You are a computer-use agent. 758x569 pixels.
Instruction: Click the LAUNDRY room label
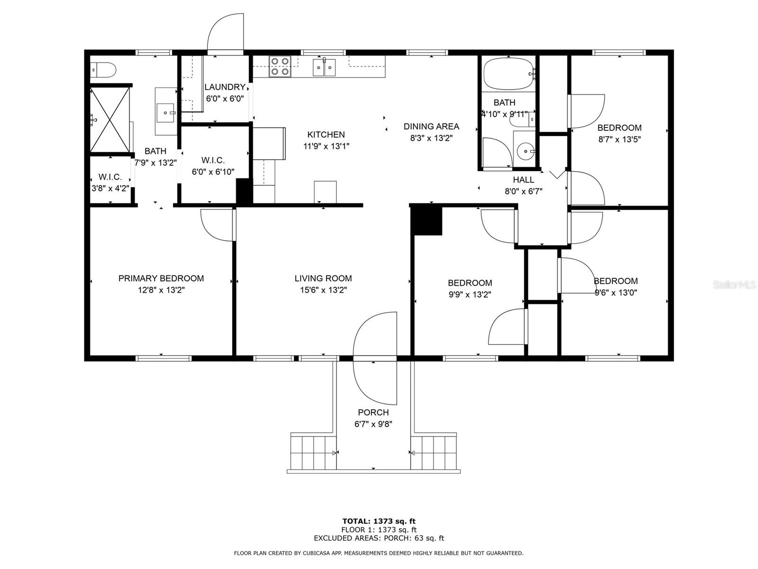[225, 87]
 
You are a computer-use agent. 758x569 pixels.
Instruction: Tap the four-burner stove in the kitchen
[280, 66]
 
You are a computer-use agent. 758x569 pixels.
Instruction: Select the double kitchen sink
[324, 67]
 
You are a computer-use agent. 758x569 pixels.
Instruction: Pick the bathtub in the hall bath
[509, 73]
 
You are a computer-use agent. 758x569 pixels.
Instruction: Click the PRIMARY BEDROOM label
[161, 278]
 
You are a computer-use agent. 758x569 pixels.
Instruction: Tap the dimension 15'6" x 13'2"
[323, 290]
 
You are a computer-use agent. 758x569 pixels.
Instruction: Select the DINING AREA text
[431, 127]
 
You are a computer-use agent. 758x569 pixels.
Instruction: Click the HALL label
[523, 180]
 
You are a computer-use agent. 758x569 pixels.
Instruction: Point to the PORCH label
[373, 413]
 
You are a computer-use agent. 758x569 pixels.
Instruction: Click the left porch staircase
[313, 452]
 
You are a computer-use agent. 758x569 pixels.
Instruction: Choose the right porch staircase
[434, 452]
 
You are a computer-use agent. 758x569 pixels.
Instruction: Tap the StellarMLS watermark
[734, 284]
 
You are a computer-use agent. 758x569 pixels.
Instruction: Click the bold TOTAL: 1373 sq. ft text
[379, 521]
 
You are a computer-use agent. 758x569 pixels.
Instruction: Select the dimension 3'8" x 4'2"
[110, 189]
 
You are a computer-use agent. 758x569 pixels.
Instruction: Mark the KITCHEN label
[326, 134]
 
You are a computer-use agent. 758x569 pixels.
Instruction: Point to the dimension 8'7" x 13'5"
[620, 139]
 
